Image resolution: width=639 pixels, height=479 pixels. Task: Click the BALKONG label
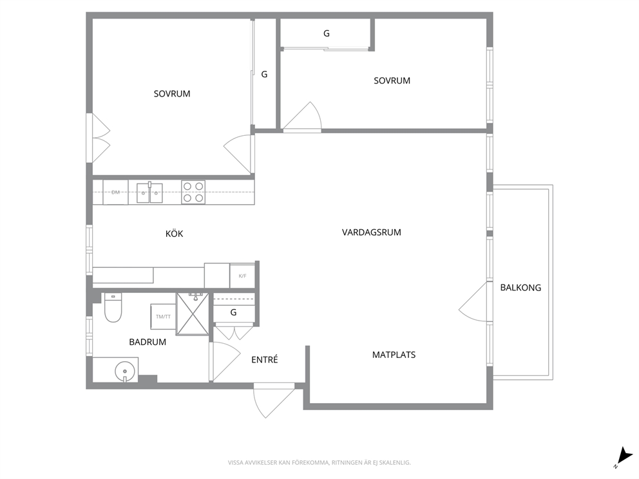[x=520, y=288]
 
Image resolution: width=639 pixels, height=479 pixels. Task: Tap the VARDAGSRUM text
[x=371, y=232]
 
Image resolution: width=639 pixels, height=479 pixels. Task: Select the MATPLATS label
[x=394, y=355]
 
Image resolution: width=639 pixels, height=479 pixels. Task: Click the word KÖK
[x=174, y=234]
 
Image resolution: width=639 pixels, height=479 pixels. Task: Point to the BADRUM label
[x=148, y=342]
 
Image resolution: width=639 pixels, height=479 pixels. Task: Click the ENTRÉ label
[x=265, y=360]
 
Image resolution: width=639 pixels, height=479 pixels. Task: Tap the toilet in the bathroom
[x=113, y=307]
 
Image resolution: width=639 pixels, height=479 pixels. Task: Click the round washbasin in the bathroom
[x=125, y=371]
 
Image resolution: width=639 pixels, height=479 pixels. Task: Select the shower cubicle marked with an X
[x=193, y=314]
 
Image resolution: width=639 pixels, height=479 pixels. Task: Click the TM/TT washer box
[x=163, y=317]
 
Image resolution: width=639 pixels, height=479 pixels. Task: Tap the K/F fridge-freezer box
[x=242, y=276]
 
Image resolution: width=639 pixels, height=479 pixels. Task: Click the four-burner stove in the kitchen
[x=193, y=192]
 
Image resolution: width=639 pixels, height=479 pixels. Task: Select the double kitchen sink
[x=149, y=193]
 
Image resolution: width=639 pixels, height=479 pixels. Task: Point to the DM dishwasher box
[x=116, y=192]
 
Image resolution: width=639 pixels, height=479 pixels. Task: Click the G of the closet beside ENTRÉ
[x=234, y=312]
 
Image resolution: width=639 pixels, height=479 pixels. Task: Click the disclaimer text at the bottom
[x=319, y=463]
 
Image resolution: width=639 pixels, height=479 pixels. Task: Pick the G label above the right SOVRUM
[x=327, y=33]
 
